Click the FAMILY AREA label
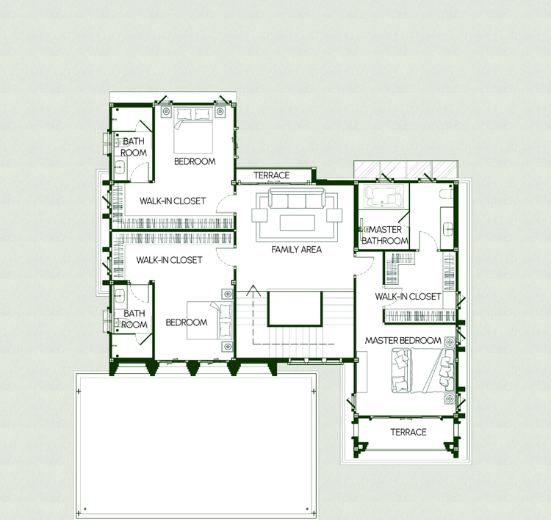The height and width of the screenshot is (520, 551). (297, 250)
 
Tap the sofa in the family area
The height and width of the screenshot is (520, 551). (297, 198)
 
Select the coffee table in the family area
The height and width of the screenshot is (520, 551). (298, 223)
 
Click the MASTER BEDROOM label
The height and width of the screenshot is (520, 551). (403, 341)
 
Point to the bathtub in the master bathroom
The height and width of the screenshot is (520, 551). (383, 196)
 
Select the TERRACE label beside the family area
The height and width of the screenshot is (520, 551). (272, 175)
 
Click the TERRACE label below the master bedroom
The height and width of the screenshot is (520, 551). (408, 432)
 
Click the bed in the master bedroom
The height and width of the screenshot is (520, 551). (423, 370)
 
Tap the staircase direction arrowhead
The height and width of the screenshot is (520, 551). (253, 290)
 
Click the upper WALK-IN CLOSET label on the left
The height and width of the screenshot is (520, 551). (173, 201)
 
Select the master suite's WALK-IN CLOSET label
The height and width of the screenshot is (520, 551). (408, 297)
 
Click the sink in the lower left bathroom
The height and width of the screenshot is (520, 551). (120, 296)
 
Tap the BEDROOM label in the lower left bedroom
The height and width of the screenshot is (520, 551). (187, 322)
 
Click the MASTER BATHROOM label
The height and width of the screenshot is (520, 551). (385, 235)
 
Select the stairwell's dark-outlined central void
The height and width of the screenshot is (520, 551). (295, 308)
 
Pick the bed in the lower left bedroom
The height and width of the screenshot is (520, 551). (210, 320)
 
